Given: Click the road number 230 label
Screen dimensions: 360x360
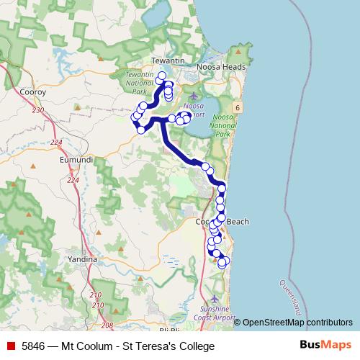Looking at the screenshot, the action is click(x=37, y=109).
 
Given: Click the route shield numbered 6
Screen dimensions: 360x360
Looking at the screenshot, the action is click(x=237, y=107).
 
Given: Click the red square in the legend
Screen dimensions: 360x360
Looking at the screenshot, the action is click(x=11, y=346).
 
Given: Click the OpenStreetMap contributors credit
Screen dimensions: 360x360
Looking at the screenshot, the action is click(x=297, y=323).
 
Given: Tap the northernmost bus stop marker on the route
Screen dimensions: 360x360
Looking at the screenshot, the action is click(x=162, y=76).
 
